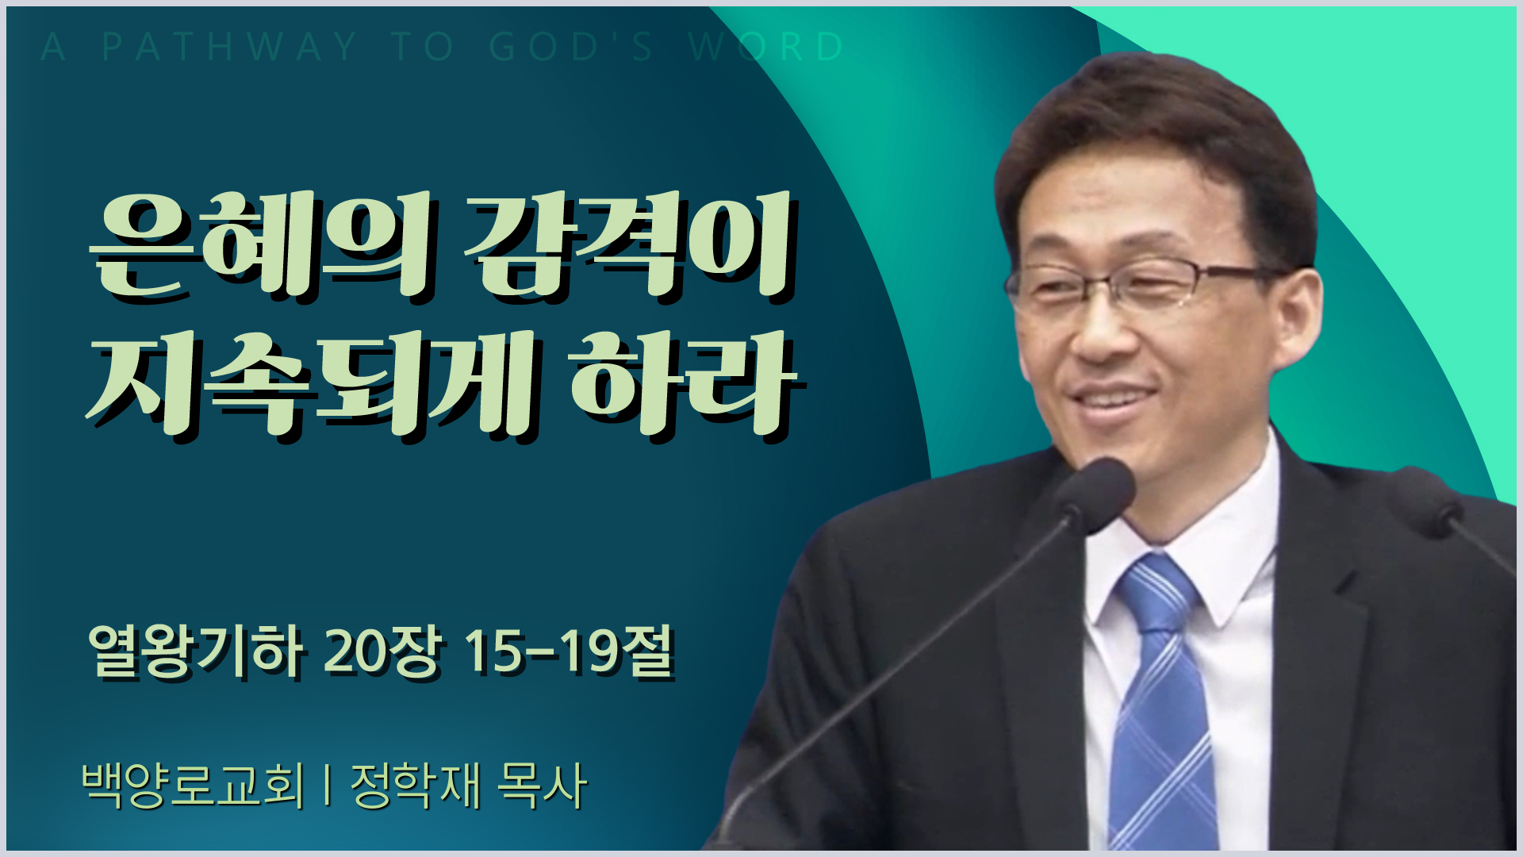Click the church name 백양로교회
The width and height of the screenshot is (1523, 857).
(x=193, y=786)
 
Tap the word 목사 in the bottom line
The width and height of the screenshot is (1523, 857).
(x=543, y=786)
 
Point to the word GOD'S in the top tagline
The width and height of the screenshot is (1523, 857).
(x=571, y=47)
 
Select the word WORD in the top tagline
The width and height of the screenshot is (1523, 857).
(x=766, y=47)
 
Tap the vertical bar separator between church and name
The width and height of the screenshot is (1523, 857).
(x=328, y=786)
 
